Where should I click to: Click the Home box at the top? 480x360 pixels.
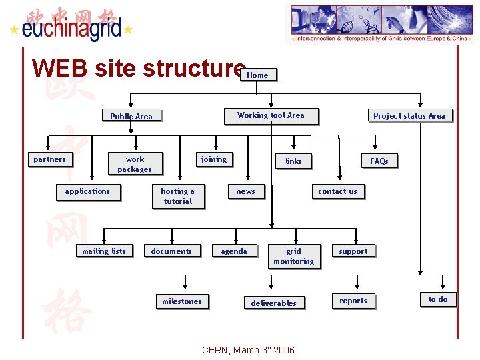coord(257,75)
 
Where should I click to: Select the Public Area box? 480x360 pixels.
coord(131,116)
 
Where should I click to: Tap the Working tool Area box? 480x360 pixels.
coord(270,115)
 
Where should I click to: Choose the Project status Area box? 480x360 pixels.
coord(409,115)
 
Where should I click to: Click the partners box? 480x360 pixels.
coord(49,159)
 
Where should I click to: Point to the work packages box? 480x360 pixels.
coord(135,164)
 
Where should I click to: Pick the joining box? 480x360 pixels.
coord(213,159)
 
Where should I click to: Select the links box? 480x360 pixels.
coord(293,161)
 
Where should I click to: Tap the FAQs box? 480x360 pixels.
coord(379,161)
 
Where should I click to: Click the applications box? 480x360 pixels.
coord(87,191)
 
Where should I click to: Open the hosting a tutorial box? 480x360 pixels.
coord(177,196)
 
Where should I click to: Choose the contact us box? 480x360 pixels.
coord(337,191)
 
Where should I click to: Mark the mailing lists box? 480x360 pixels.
coord(103,251)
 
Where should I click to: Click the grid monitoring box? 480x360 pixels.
coord(293,256)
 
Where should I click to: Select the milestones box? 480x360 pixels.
coord(181,301)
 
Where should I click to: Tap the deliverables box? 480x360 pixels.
coord(273,303)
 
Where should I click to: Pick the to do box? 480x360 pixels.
coord(438,299)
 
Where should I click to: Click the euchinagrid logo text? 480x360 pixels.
coord(71,28)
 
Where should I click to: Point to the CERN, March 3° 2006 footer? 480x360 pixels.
coord(247,350)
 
